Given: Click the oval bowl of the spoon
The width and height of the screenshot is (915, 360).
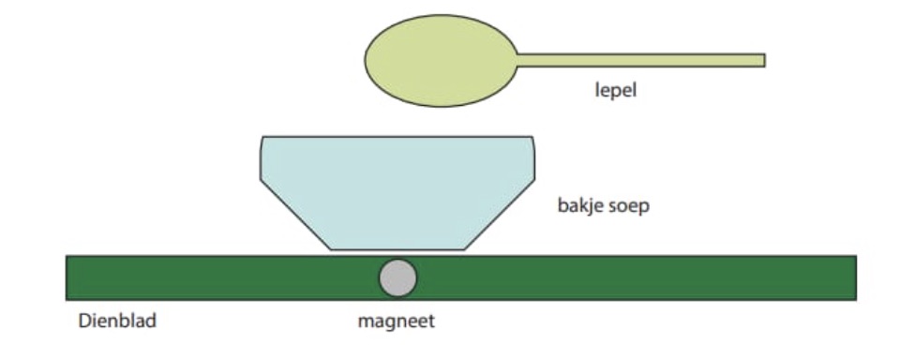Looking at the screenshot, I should pos(441,59).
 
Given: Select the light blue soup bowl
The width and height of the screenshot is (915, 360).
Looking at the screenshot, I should pos(397,187).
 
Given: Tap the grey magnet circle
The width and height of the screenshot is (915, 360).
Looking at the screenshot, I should pos(397,277).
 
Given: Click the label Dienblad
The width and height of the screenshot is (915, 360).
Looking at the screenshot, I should pos(116,322).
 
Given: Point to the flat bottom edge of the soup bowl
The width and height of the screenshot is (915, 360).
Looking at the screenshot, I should pos(397,249).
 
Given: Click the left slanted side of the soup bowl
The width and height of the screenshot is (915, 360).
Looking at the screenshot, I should pos(296,214).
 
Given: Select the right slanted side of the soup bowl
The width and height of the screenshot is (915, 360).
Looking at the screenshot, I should pos(500,214).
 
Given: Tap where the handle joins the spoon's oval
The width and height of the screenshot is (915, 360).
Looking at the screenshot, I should pos(517,60).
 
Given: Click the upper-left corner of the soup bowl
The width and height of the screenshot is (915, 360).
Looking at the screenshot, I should pos(263,140).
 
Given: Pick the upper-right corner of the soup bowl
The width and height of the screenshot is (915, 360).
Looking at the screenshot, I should pos(532,140).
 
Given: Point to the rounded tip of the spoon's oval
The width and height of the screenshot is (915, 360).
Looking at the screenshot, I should pos(366,59).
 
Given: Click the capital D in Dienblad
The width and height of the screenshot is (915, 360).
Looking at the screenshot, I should pos(82,322).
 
